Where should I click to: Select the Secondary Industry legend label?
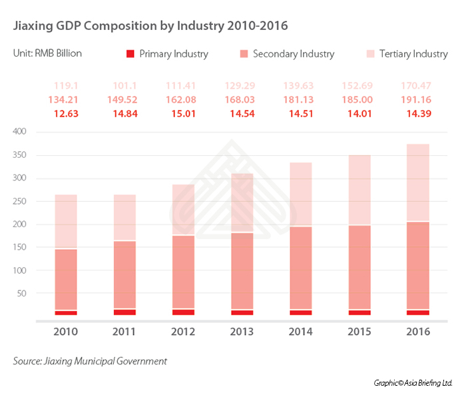pyautogui.click(x=294, y=54)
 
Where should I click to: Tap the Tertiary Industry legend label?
pyautogui.click(x=413, y=54)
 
